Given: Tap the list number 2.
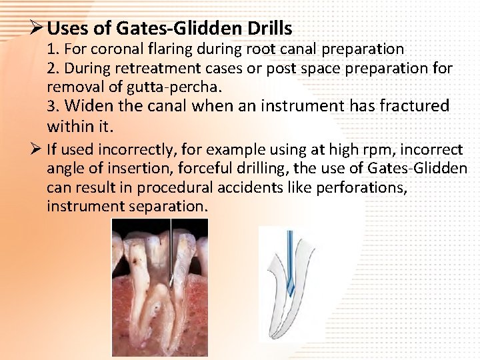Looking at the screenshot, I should (52, 68).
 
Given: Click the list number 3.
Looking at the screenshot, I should (52, 106).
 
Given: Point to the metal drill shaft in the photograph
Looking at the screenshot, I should (171, 247).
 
